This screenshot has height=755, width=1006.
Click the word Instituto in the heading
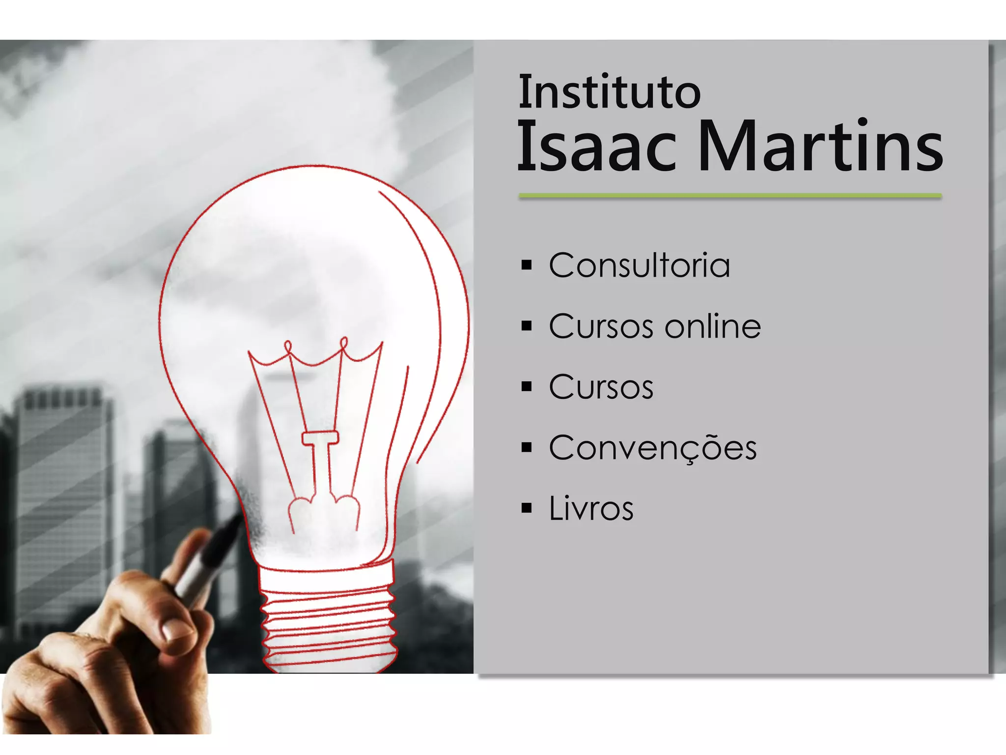tap(609, 92)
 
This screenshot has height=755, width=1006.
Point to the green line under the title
tap(730, 196)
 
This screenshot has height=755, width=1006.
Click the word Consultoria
tap(639, 265)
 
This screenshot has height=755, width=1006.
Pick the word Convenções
tap(653, 448)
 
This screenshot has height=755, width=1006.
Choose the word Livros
tap(591, 508)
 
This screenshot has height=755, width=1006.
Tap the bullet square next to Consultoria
tap(527, 265)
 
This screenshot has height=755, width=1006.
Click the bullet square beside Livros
tap(527, 508)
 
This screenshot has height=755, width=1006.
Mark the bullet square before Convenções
tap(527, 448)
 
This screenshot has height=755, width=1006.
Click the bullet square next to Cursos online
tap(527, 326)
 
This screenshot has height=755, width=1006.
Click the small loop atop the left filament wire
tap(288, 346)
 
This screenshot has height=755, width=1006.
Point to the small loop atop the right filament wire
tap(344, 343)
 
